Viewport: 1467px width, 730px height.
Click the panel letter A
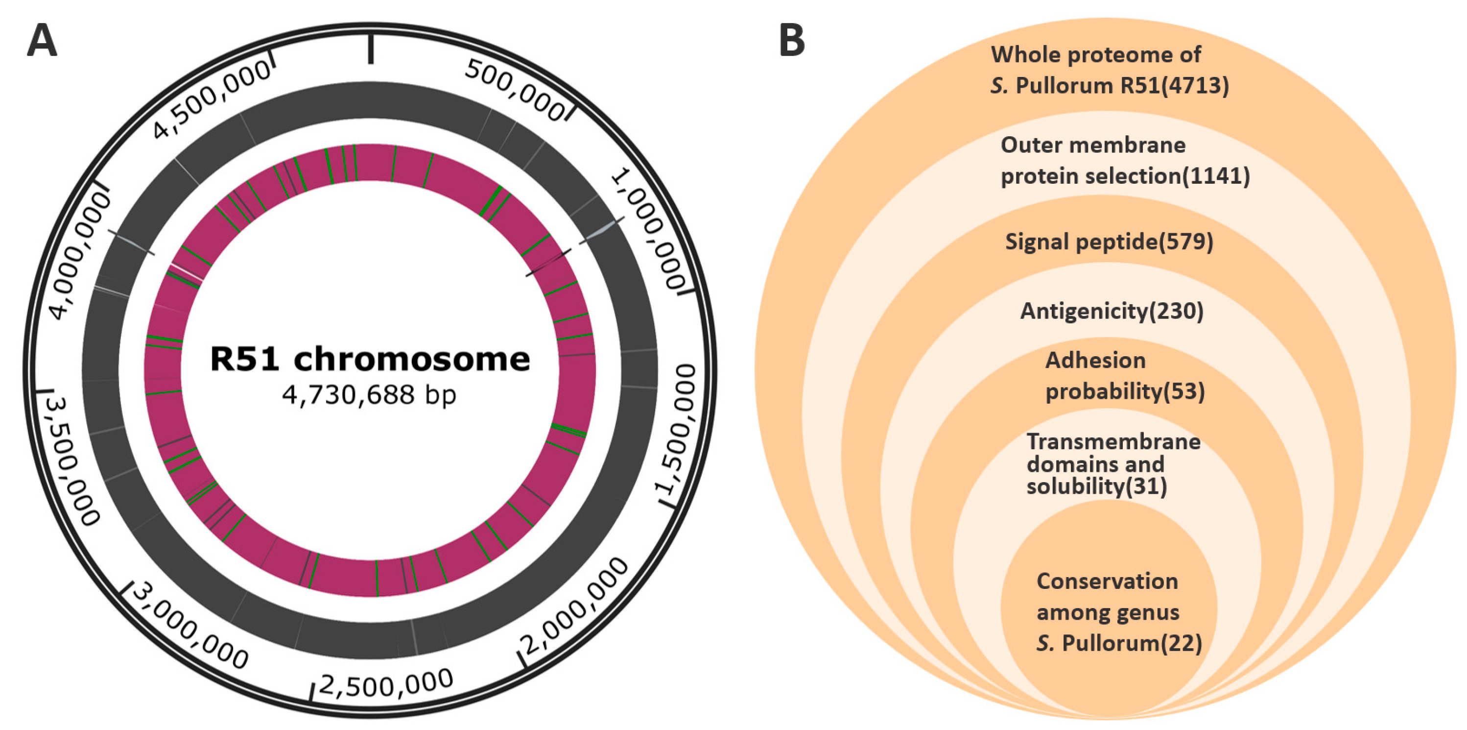(x=42, y=41)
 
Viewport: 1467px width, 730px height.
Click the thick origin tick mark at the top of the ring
(x=371, y=49)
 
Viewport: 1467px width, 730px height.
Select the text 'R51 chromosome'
(x=370, y=359)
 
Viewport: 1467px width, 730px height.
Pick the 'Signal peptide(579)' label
(x=1109, y=242)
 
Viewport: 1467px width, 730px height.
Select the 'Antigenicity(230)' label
(x=1112, y=311)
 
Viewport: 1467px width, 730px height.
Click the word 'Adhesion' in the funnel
(x=1095, y=361)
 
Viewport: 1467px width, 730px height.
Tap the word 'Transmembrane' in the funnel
(x=1113, y=441)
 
